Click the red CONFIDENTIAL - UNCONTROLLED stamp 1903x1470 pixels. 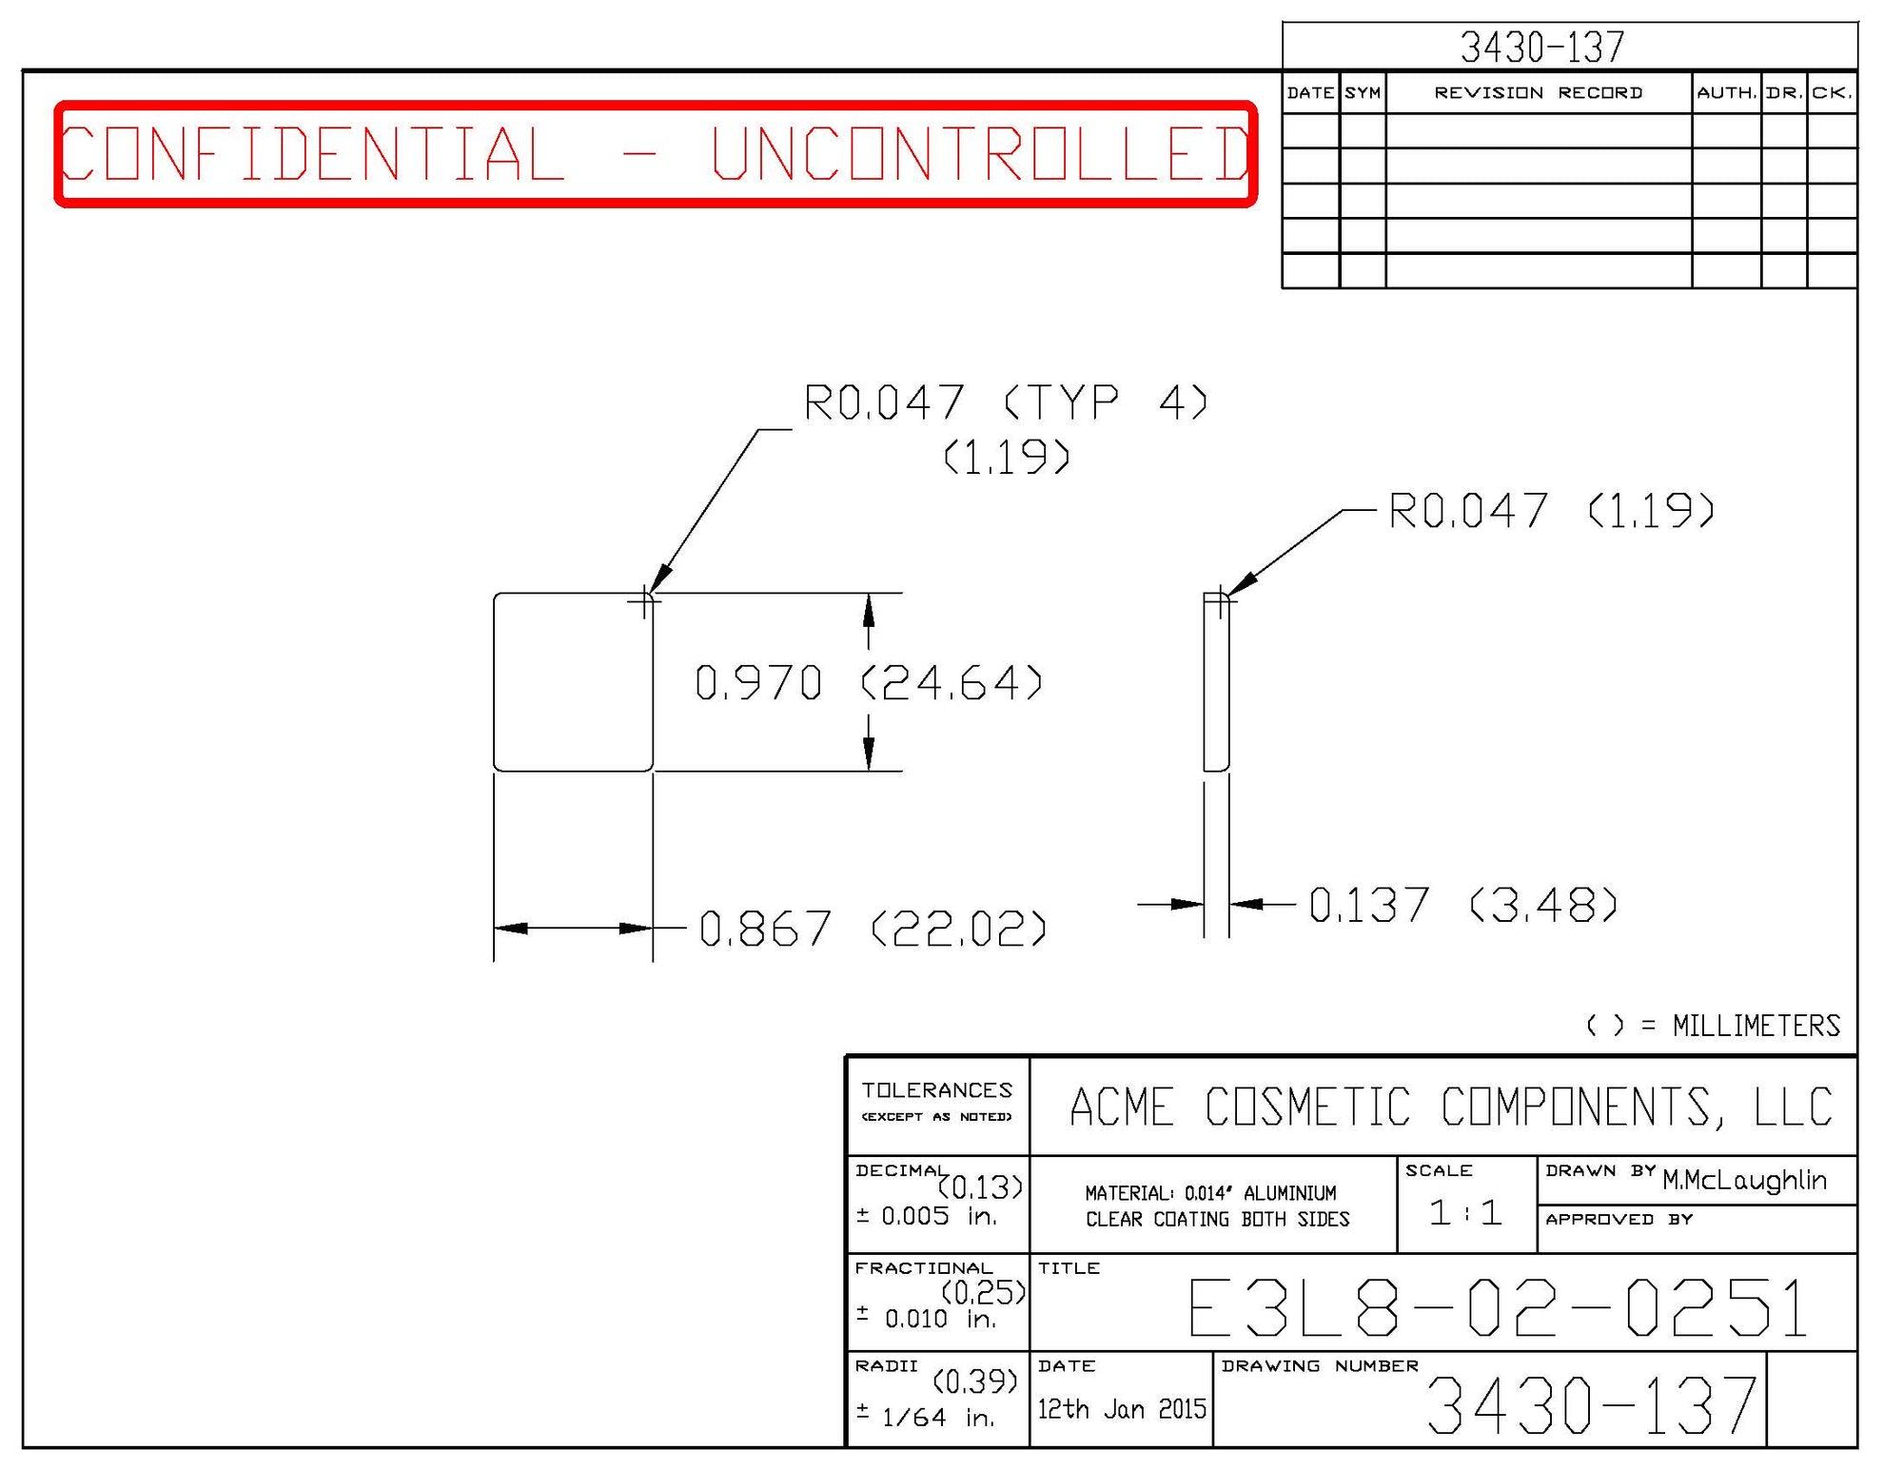click(656, 153)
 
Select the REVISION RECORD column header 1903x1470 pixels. click(1538, 92)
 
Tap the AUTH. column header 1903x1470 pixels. click(1726, 92)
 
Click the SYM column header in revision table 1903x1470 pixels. click(1362, 92)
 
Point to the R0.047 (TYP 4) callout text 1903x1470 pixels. click(1005, 402)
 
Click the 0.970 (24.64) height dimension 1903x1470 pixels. click(868, 683)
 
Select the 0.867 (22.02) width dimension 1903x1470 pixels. click(872, 929)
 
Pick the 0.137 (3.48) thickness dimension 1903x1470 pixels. click(1462, 905)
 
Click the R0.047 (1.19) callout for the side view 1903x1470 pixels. click(1551, 511)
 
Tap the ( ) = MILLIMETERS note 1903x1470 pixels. click(1713, 1026)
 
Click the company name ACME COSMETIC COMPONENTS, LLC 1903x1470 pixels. click(1450, 1107)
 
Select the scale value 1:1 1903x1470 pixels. click(1465, 1212)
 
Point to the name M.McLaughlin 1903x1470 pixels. click(1744, 1180)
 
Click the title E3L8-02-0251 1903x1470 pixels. click(1498, 1308)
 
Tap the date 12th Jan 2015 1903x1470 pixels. click(1121, 1408)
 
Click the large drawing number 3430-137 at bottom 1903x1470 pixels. click(1591, 1406)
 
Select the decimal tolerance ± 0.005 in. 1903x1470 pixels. click(926, 1216)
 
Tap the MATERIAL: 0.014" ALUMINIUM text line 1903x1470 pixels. click(1210, 1193)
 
